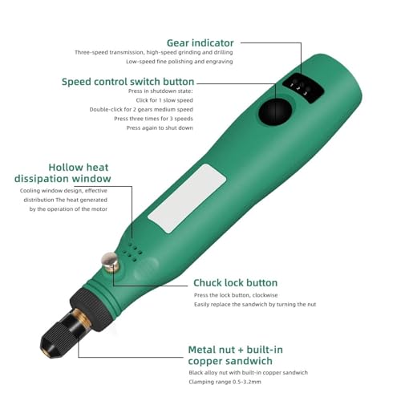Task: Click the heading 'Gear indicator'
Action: pyautogui.click(x=200, y=43)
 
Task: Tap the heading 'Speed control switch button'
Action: pyautogui.click(x=128, y=81)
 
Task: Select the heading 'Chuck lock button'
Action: pyautogui.click(x=235, y=282)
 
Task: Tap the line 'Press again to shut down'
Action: pyautogui.click(x=160, y=128)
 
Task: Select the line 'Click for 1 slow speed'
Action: pyautogui.click(x=164, y=99)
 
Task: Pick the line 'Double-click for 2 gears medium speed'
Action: pyautogui.click(x=141, y=109)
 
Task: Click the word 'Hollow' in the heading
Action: pyautogui.click(x=67, y=167)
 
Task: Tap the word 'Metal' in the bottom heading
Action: pyautogui.click(x=206, y=350)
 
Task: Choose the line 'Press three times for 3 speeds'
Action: pyautogui.click(x=154, y=119)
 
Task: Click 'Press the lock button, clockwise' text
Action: pyautogui.click(x=239, y=295)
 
